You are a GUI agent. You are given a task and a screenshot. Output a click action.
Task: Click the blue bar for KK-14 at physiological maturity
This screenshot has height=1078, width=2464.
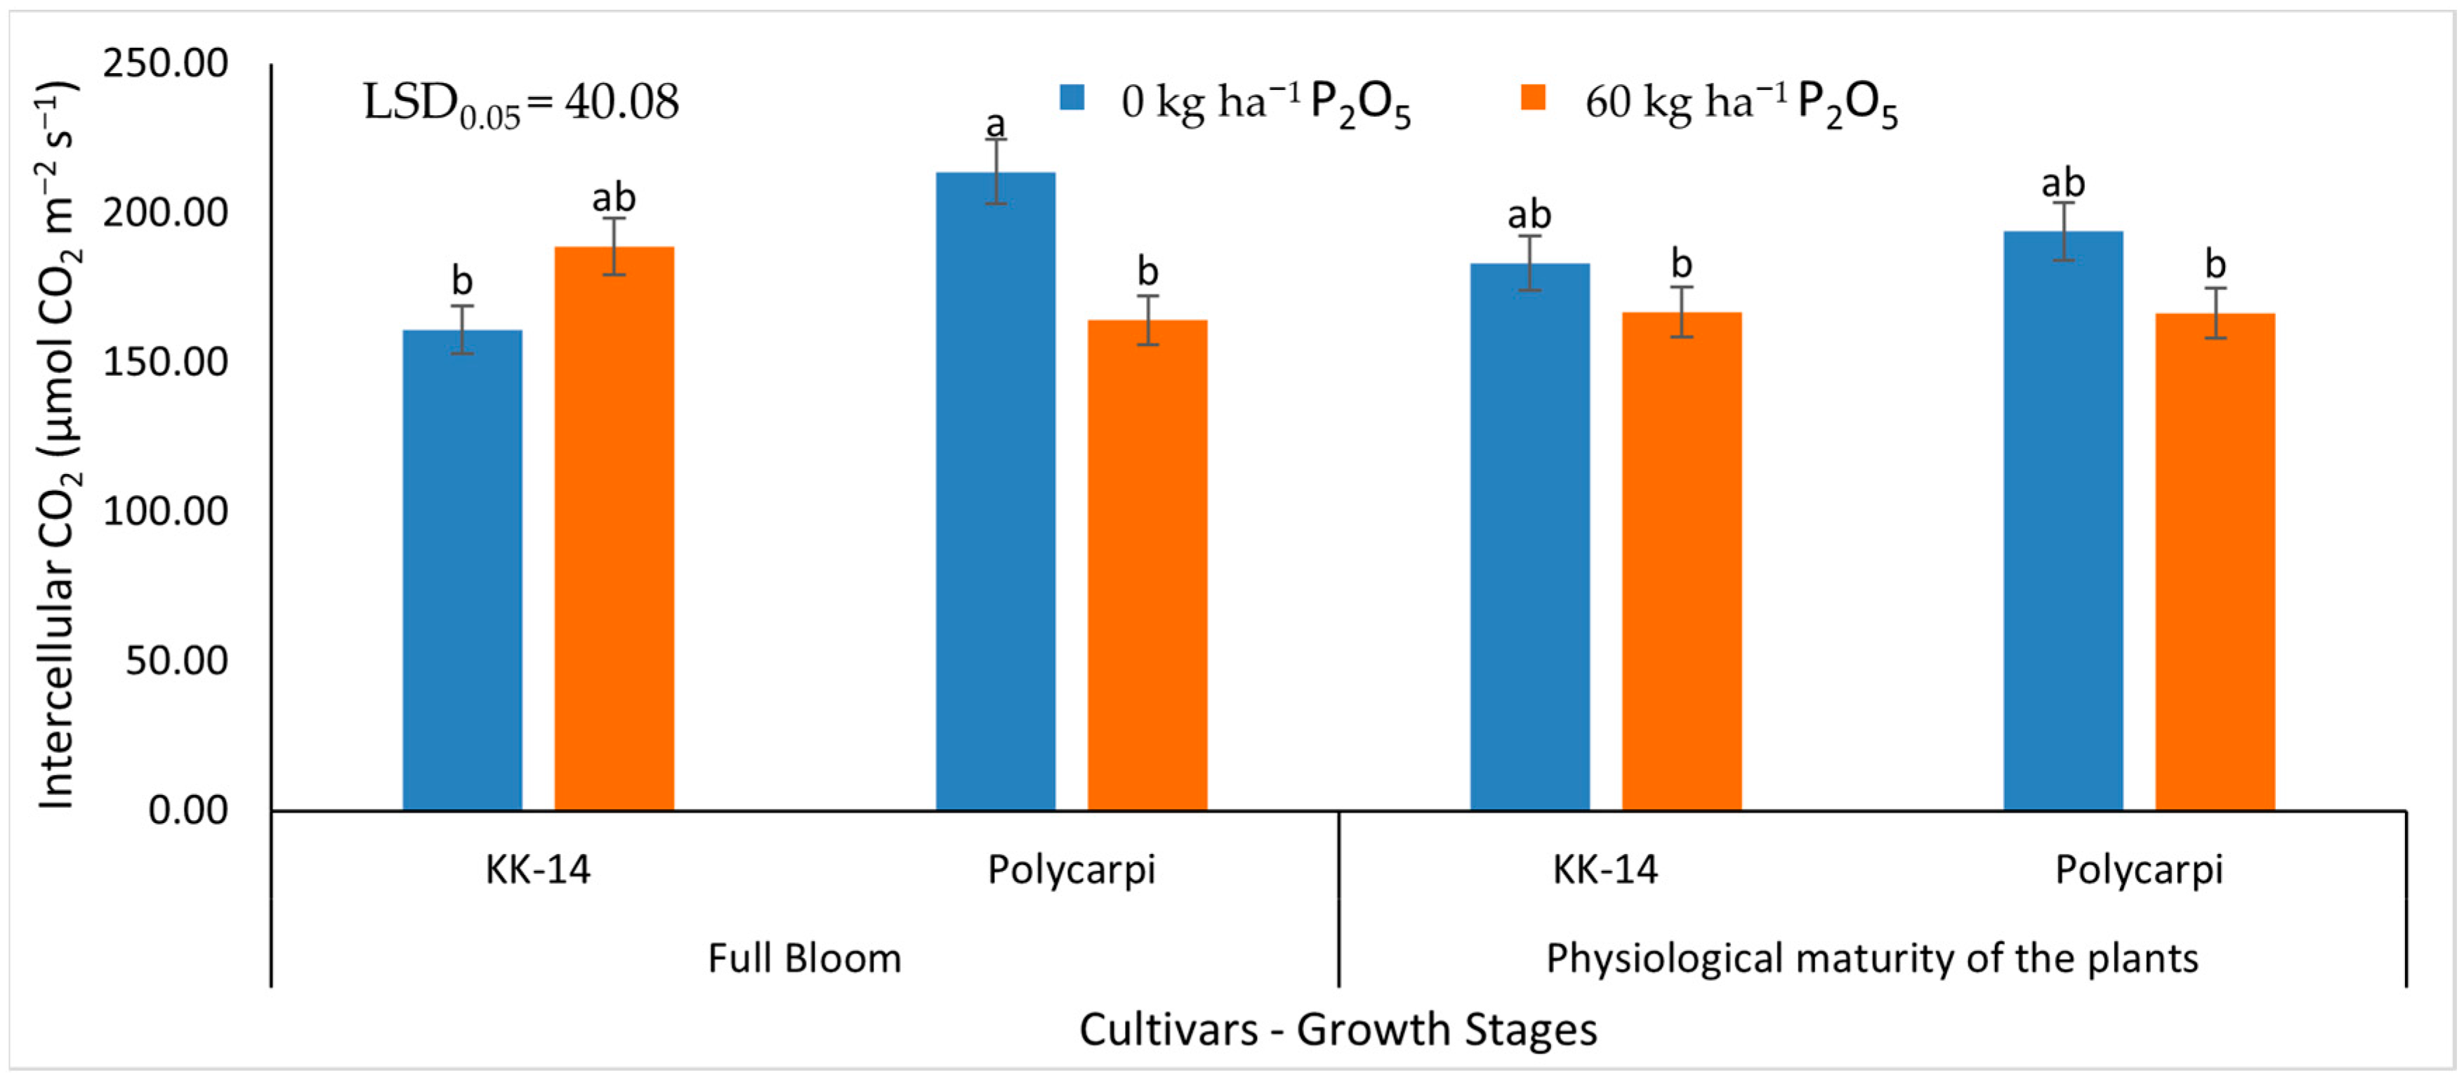coord(1529,537)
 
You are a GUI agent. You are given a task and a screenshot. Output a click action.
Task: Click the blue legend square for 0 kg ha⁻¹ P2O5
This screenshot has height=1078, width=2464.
coord(1072,98)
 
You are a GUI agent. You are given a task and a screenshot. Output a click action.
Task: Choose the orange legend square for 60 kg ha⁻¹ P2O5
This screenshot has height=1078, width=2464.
coord(1534,98)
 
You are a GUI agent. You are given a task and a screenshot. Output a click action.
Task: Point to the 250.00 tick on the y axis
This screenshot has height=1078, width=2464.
coord(166,64)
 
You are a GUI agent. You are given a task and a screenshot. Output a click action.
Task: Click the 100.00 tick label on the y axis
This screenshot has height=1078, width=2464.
coord(166,512)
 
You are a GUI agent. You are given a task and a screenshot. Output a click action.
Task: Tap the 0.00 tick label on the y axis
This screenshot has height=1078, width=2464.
coord(187,810)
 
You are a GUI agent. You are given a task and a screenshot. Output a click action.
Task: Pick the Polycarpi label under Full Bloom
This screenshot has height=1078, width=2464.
coord(1072,869)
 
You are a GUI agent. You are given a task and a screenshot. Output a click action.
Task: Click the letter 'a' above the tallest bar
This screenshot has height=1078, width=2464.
coord(996,124)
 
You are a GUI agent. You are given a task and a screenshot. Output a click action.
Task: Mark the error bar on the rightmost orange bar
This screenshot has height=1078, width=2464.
coord(2215,313)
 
